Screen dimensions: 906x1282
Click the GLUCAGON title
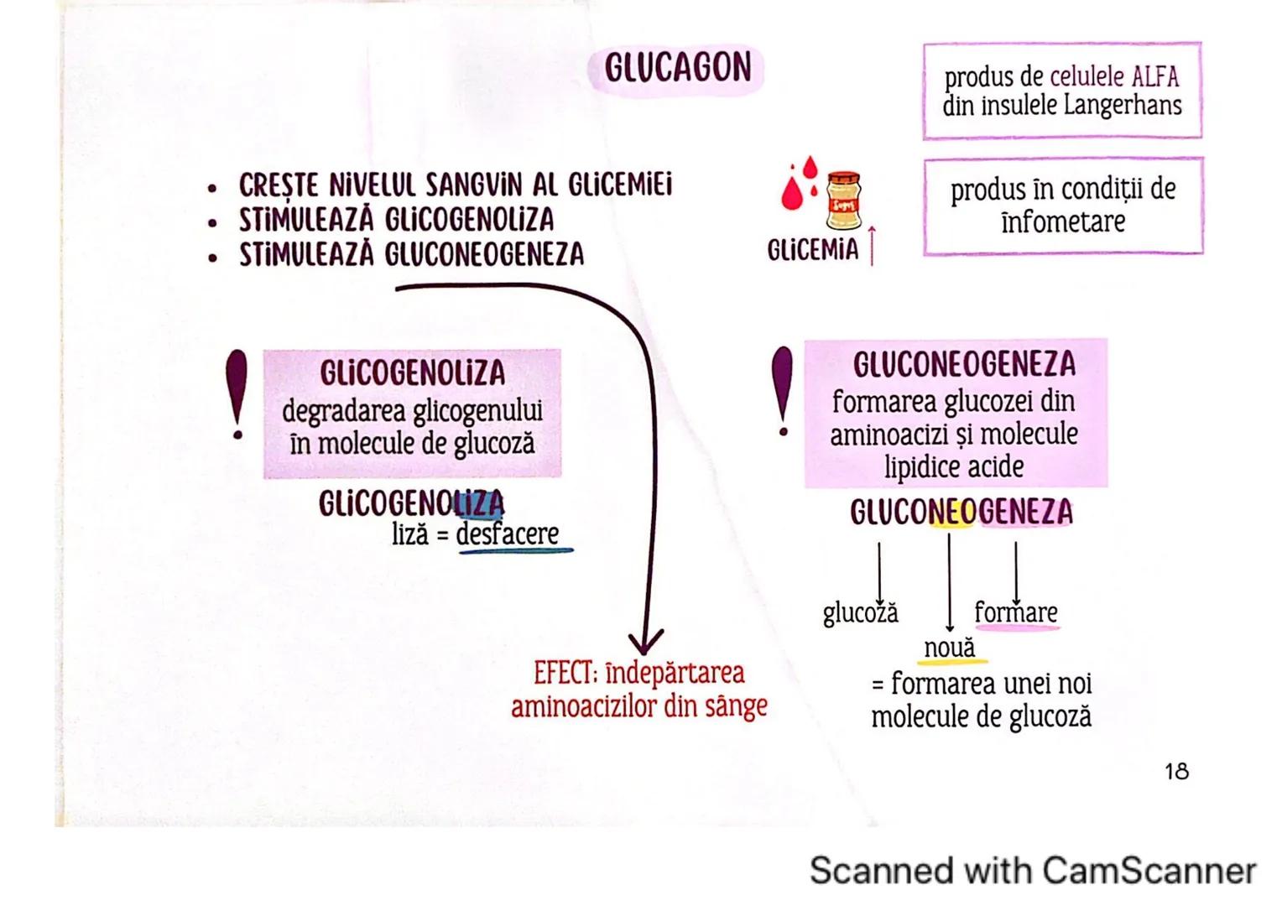pyautogui.click(x=677, y=68)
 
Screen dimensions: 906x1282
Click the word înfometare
pyautogui.click(x=1062, y=222)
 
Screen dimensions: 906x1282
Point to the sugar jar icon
pyautogui.click(x=843, y=200)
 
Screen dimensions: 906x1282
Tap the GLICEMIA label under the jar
pyautogui.click(x=812, y=250)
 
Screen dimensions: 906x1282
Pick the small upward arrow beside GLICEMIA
pyautogui.click(x=872, y=245)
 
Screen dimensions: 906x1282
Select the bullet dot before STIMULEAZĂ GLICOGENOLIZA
pyautogui.click(x=214, y=221)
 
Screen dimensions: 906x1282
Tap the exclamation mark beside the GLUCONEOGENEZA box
pyautogui.click(x=782, y=391)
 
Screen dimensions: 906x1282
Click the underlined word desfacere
pyautogui.click(x=508, y=534)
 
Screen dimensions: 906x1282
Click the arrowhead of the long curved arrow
pyautogui.click(x=644, y=643)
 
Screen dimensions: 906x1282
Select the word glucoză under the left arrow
pyautogui.click(x=860, y=613)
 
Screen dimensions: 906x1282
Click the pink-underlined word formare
pyautogui.click(x=1015, y=612)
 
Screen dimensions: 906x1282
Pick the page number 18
pyautogui.click(x=1176, y=771)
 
